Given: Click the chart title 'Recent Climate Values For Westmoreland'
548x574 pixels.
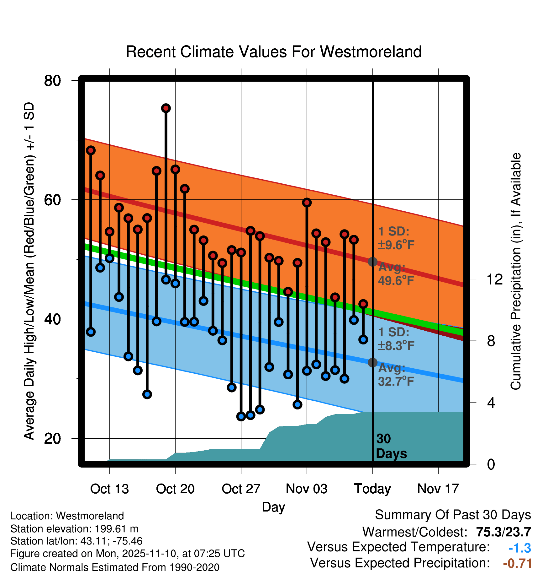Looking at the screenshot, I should click(273, 52).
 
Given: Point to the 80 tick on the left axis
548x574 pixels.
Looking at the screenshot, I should click(52, 81).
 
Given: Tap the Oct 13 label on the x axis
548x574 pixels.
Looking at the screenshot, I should click(109, 489).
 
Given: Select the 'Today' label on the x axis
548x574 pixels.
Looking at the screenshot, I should click(372, 489).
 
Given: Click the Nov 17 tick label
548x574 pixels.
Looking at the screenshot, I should click(438, 489).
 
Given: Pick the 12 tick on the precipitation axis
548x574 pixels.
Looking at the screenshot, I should click(494, 279).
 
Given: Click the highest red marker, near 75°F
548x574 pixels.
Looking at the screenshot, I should click(166, 108).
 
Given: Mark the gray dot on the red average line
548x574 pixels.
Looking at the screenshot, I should click(372, 262).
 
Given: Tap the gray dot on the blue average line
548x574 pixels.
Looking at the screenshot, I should click(372, 363).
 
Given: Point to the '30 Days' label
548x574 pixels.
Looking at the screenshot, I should click(391, 446).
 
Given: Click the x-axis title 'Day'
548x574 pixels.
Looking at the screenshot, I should click(273, 507).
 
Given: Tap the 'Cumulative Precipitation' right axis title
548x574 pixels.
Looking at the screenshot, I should click(516, 271).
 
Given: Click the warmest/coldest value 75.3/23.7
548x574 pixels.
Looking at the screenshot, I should click(503, 532).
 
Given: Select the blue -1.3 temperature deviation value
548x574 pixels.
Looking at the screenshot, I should click(519, 548).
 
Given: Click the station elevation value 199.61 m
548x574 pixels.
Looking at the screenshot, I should click(116, 529).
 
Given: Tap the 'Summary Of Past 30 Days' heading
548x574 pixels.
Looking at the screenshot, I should click(453, 515).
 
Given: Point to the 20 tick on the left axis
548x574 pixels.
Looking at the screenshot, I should click(52, 438).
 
